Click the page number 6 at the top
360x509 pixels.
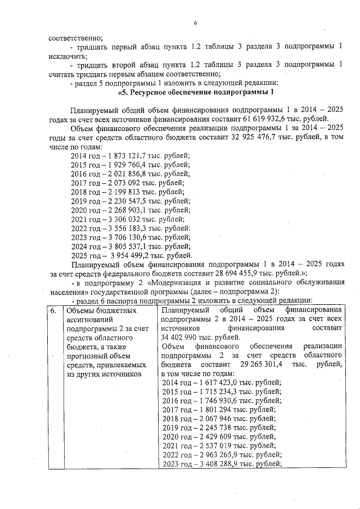pos(196,23)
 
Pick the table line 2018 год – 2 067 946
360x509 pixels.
pos(218,419)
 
